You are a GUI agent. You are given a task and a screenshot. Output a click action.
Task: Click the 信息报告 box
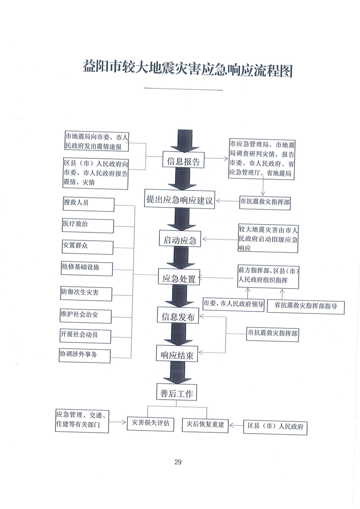(183, 160)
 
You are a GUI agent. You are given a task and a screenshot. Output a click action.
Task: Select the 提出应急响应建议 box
(180, 200)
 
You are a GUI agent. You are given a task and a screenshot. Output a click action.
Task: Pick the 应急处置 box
(179, 277)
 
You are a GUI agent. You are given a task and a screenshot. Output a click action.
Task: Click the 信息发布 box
(178, 316)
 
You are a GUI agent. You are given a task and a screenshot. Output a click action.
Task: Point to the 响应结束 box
(177, 354)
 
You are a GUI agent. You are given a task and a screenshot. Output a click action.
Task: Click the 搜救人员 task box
(89, 204)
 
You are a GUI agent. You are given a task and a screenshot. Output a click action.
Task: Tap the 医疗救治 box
(88, 225)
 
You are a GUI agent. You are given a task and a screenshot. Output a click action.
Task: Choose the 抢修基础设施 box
(87, 269)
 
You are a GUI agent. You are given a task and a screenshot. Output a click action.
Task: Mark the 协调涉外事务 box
(85, 356)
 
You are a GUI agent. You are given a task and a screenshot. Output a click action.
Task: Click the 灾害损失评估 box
(150, 424)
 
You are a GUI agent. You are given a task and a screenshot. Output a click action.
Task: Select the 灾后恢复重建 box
(205, 425)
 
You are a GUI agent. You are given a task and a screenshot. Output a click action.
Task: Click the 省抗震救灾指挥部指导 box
(306, 306)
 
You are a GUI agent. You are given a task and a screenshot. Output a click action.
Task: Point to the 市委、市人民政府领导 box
(233, 304)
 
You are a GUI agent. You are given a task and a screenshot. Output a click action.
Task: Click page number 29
(178, 462)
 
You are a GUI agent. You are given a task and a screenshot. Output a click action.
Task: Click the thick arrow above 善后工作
(177, 372)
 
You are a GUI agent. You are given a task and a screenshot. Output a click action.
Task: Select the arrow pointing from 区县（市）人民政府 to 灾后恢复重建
(236, 425)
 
